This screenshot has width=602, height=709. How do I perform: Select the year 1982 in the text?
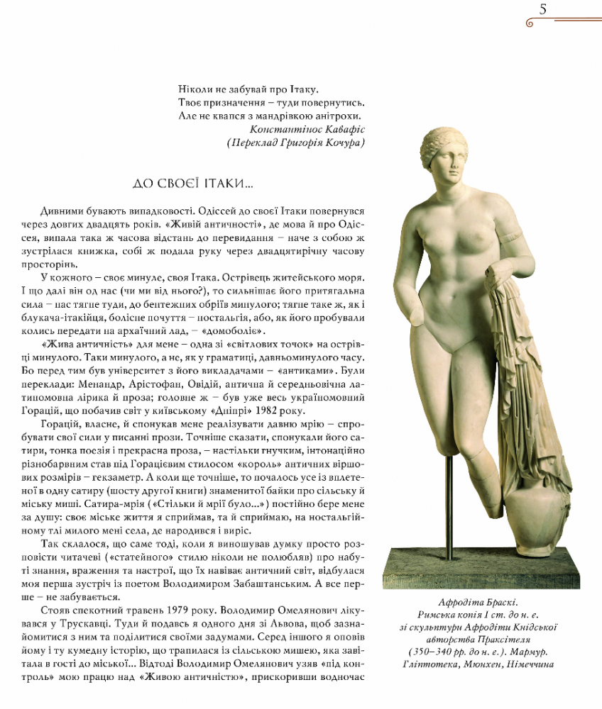click(x=266, y=411)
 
